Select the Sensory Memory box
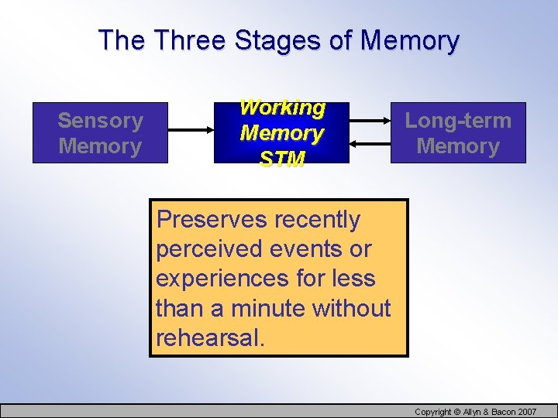click(x=100, y=133)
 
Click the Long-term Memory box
click(x=458, y=133)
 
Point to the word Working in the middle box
click(x=282, y=108)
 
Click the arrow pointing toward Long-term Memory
click(x=370, y=121)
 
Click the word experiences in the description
click(x=222, y=279)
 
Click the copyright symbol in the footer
click(x=458, y=411)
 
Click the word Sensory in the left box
click(x=100, y=121)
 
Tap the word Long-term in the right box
click(x=458, y=121)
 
